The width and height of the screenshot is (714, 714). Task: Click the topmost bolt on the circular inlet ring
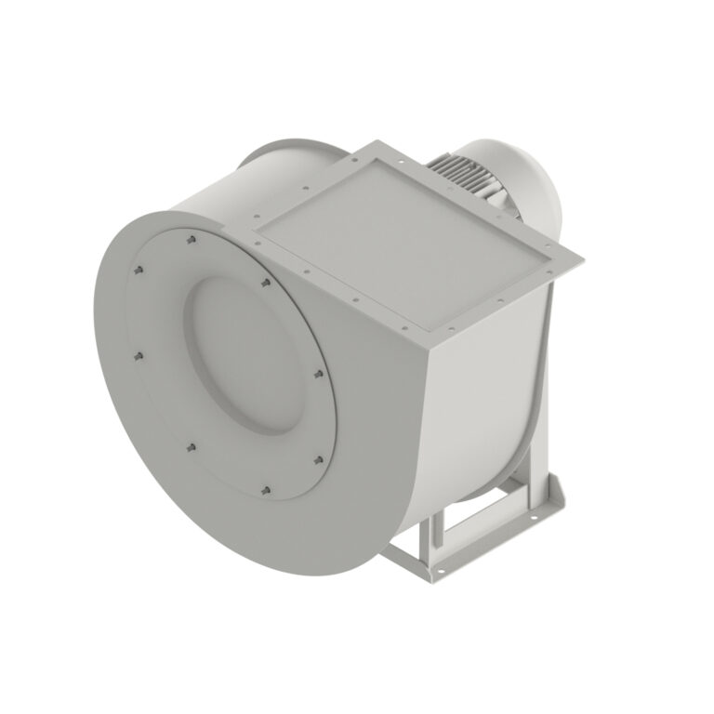pos(189,239)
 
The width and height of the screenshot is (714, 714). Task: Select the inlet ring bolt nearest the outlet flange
pos(265,280)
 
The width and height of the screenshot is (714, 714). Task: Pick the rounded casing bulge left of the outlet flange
pos(279,167)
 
